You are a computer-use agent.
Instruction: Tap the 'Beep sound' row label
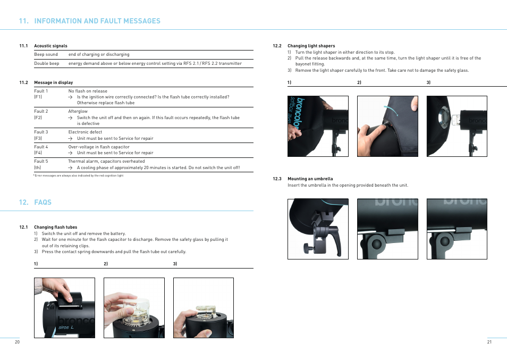click(x=46, y=54)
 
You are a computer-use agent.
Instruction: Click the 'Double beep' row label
click(x=47, y=63)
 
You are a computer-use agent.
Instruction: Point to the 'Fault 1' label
click(x=41, y=91)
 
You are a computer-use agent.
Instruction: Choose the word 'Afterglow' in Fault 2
click(x=78, y=111)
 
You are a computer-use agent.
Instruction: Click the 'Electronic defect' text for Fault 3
click(x=85, y=132)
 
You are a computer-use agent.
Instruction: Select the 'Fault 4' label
click(x=41, y=147)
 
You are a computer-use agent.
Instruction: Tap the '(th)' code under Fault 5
click(x=38, y=168)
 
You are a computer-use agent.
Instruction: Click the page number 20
click(x=17, y=342)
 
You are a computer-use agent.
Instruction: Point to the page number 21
click(x=489, y=342)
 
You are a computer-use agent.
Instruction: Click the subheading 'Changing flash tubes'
click(x=55, y=227)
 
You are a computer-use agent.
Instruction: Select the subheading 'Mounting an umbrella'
click(x=310, y=179)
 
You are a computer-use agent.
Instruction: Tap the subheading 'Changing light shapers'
click(x=311, y=46)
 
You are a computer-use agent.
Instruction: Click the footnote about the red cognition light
click(x=79, y=175)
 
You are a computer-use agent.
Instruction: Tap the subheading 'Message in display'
click(x=53, y=82)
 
